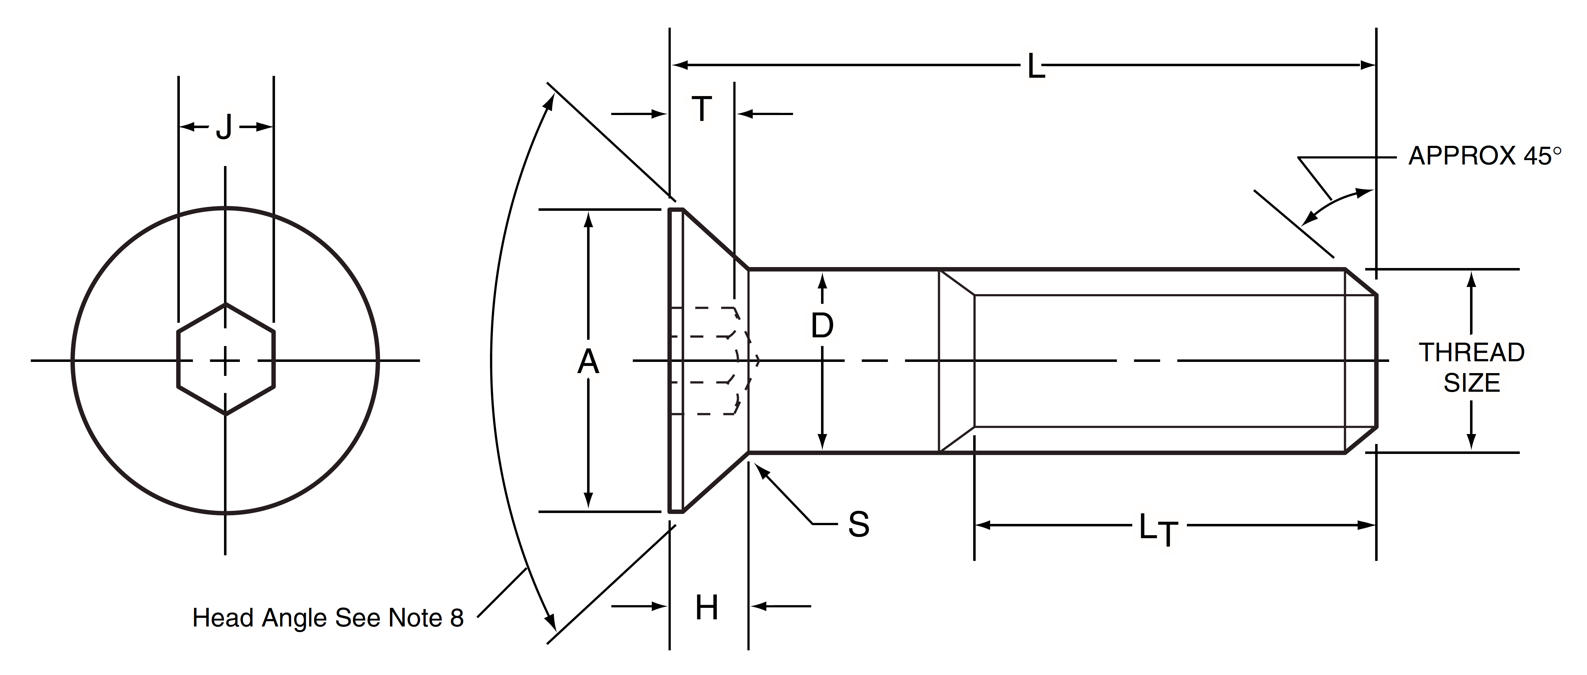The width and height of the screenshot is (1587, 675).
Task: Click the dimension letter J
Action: click(x=225, y=127)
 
